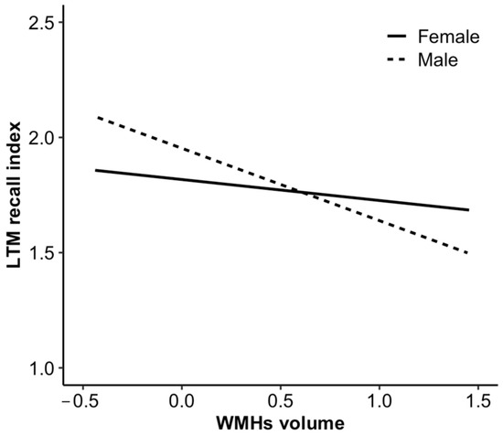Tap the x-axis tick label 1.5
click(x=478, y=401)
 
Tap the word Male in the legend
click(x=436, y=59)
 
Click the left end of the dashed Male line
click(x=96, y=117)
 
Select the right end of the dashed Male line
click(x=469, y=253)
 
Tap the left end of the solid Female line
click(x=96, y=170)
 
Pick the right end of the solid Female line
click(x=469, y=209)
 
